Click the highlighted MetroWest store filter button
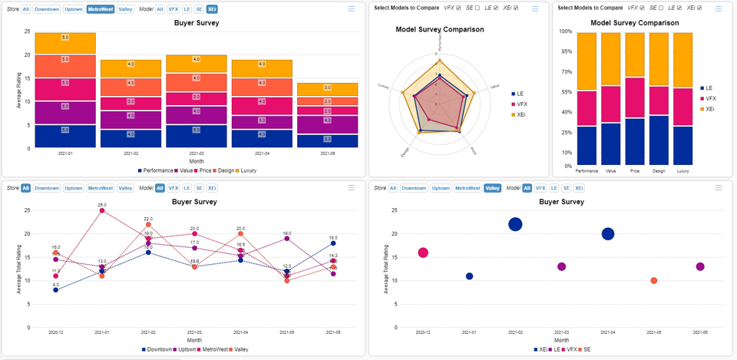[99, 9]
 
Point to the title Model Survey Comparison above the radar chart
[440, 29]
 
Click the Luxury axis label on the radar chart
[384, 86]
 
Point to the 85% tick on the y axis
[565, 52]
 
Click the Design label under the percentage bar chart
[659, 171]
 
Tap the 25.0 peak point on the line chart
[102, 210]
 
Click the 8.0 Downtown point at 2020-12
[55, 290]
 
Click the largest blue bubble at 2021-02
[515, 224]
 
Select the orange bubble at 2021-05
[653, 281]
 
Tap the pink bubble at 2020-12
[423, 253]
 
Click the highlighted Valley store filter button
[492, 188]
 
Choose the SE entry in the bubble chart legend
[586, 349]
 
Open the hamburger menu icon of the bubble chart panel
[719, 188]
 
